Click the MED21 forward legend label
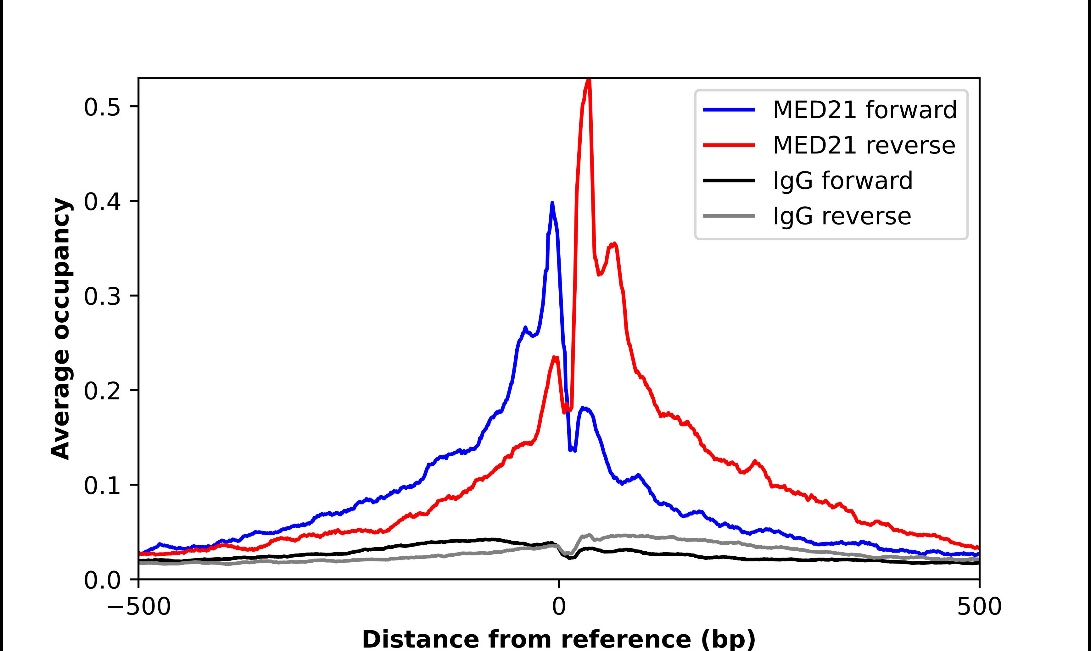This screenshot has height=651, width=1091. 864,110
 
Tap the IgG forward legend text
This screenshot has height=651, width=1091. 842,181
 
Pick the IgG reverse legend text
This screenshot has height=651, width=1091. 842,216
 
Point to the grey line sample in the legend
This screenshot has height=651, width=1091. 729,216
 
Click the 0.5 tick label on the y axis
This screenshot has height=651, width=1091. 102,108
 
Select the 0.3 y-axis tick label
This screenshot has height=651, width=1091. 102,297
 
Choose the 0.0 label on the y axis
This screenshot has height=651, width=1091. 102,580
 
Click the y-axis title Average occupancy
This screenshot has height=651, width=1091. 60,329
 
